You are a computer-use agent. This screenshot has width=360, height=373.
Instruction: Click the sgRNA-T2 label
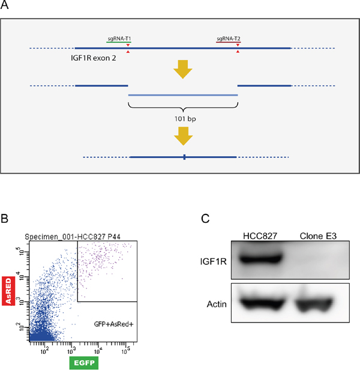pos(229,39)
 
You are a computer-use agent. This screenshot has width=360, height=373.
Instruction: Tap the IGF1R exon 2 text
pos(93,61)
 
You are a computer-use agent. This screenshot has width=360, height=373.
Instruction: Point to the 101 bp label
pos(183,119)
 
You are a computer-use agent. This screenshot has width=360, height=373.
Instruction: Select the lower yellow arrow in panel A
pos(183,139)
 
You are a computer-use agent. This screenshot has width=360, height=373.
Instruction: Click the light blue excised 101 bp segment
pos(183,95)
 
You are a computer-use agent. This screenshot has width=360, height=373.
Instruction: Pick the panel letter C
pos(205,219)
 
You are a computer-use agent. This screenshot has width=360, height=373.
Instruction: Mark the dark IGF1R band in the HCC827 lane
pos(255,260)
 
